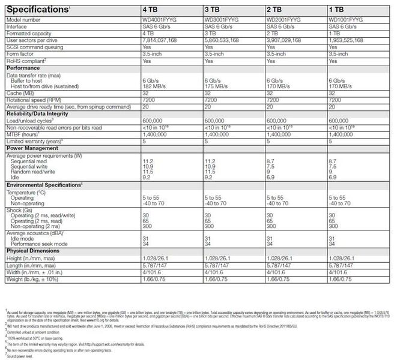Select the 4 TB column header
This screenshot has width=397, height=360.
[150, 11]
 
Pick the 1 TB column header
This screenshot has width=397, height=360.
[338, 11]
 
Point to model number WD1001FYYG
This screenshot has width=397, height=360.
[346, 20]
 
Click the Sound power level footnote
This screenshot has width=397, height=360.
[22, 355]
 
